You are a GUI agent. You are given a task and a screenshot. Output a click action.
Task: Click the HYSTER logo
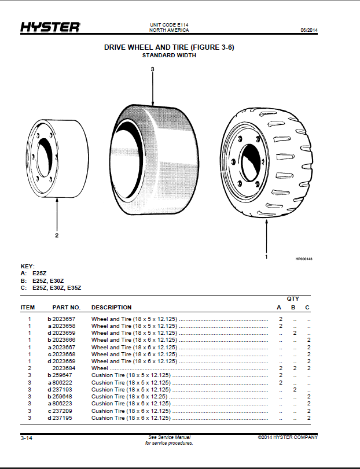pyautogui.click(x=50, y=27)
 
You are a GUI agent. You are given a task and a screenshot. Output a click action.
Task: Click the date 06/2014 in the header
pyautogui.click(x=309, y=30)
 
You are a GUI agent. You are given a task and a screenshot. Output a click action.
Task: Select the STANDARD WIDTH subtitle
pyautogui.click(x=169, y=56)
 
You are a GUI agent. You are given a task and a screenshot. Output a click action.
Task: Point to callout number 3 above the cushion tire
pyautogui.click(x=152, y=69)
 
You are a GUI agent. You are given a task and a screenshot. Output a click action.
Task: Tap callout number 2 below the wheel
pyautogui.click(x=57, y=235)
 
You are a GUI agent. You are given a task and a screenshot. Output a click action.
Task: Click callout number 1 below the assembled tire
pyautogui.click(x=266, y=257)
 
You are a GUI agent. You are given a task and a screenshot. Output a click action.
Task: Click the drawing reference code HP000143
pyautogui.click(x=304, y=259)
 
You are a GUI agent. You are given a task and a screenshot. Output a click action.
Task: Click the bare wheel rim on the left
pyautogui.click(x=57, y=158)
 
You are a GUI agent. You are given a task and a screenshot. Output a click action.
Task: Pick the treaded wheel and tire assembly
pyautogui.click(x=266, y=163)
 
